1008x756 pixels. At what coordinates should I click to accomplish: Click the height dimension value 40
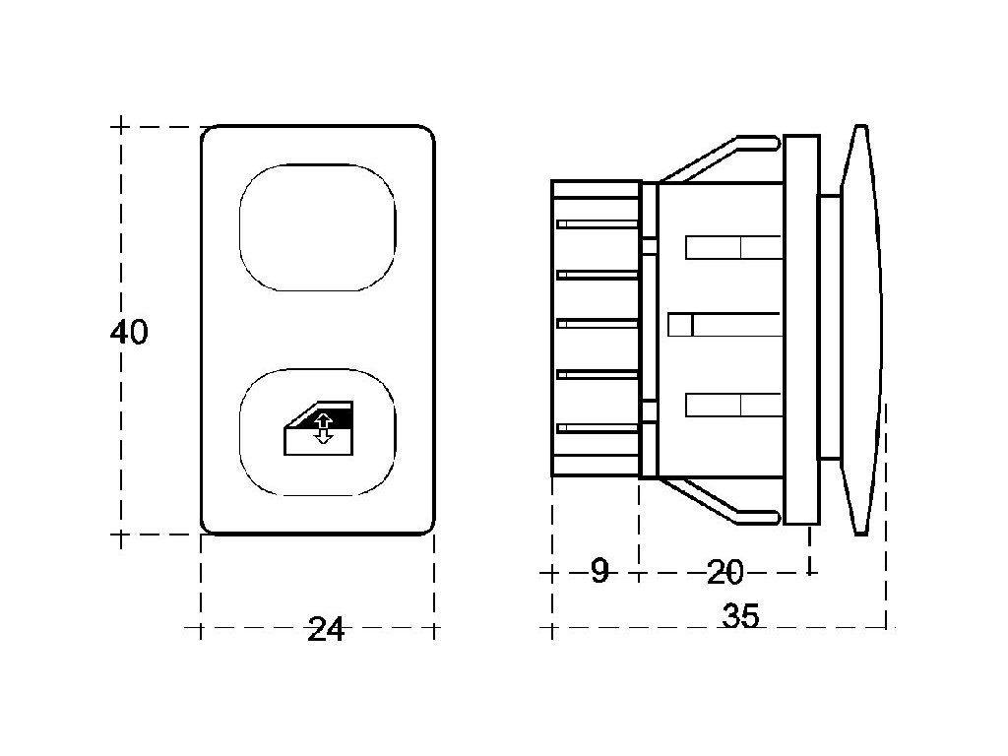tap(129, 332)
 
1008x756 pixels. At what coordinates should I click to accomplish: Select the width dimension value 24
tap(326, 629)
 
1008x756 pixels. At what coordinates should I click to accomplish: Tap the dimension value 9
tap(599, 571)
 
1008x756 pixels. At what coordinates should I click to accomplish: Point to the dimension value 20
tap(724, 572)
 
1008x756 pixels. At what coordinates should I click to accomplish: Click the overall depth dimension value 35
tap(740, 615)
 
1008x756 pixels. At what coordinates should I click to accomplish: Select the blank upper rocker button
tap(318, 227)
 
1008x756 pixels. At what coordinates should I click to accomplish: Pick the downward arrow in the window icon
tap(323, 437)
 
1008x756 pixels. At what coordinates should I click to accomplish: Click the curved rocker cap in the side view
tap(861, 330)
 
